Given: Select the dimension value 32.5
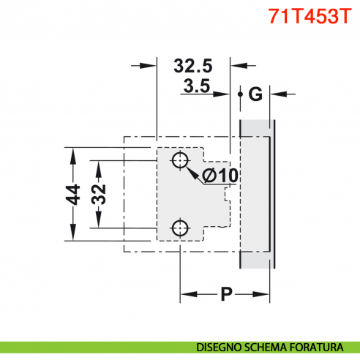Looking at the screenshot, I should (194, 65).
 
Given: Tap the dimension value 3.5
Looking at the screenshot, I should (197, 87).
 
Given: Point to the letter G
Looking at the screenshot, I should (255, 94).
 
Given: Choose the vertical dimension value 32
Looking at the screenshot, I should (99, 194).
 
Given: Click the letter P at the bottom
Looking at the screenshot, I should (227, 295).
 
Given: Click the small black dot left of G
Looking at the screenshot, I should (240, 94).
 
